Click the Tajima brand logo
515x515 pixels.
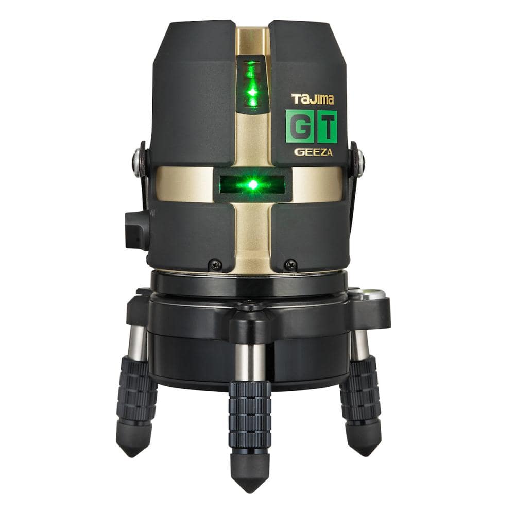[x=313, y=99]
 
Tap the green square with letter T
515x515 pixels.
[x=327, y=127]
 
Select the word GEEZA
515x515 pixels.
[x=313, y=152]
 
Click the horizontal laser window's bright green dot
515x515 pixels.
[x=252, y=184]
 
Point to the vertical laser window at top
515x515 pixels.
[x=252, y=84]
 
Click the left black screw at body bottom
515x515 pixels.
[x=215, y=264]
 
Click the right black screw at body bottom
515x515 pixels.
[x=290, y=264]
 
